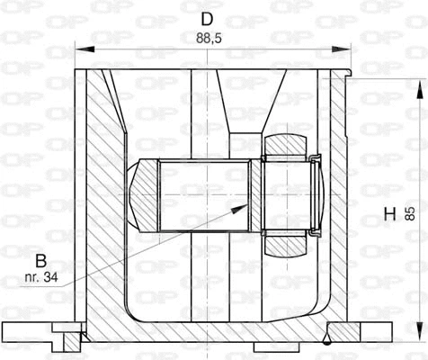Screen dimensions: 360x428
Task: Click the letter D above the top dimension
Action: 207,18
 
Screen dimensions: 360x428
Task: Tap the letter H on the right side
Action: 389,214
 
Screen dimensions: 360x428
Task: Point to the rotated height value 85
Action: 410,214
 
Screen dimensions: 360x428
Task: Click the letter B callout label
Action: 40,261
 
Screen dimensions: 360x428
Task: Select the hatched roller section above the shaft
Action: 288,144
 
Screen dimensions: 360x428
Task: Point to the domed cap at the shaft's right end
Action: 316,193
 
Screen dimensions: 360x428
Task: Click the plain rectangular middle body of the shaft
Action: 203,193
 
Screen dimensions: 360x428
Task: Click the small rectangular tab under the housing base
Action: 270,346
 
